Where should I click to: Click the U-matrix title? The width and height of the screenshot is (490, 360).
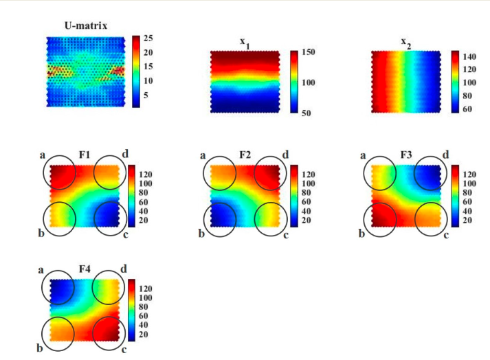pos(87,27)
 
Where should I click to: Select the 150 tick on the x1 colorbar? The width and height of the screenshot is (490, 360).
pos(307,52)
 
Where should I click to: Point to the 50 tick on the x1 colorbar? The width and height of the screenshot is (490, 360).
pos(306,112)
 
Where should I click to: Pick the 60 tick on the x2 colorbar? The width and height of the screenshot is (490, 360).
pos(467,109)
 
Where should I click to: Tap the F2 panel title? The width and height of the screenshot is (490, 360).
pos(245,155)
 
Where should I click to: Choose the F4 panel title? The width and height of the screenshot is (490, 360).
pos(85,269)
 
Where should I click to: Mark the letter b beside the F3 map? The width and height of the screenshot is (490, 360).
pos(361,235)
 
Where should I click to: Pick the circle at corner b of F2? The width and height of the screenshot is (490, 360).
pos(219,217)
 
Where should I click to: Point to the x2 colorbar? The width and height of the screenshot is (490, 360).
pos(455,82)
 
